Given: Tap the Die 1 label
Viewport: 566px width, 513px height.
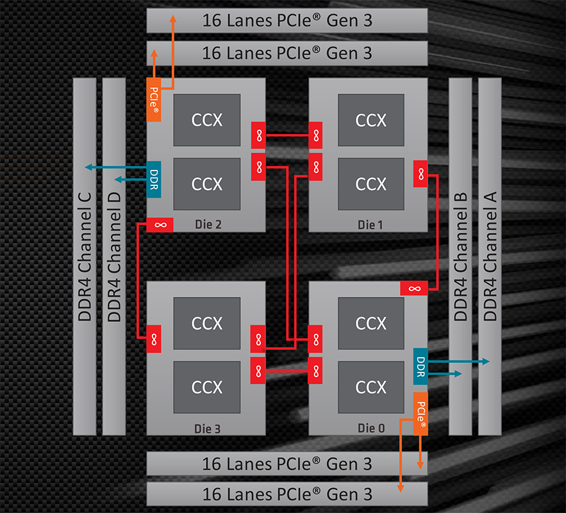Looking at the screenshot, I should click(370, 224).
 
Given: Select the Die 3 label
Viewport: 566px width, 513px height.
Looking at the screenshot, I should click(206, 428).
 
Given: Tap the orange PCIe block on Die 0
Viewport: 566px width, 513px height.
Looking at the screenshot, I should click(420, 416).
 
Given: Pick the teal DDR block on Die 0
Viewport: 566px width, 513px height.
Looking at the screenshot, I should click(420, 366).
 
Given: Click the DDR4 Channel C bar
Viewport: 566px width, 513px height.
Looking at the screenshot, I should click(85, 256).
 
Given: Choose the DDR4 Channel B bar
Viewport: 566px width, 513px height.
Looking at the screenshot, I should click(460, 256).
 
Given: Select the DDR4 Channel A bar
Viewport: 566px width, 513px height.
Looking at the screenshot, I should click(490, 256).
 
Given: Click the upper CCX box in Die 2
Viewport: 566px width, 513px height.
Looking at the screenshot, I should click(206, 120).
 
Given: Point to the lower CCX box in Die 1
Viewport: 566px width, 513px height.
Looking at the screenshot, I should click(370, 184).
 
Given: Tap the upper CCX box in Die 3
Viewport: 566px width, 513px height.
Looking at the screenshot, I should click(206, 323).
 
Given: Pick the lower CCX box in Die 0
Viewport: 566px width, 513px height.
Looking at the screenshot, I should click(370, 387).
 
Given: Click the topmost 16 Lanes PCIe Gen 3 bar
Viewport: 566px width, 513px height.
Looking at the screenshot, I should click(287, 21).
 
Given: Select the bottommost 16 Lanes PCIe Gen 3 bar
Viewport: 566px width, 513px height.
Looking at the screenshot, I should click(287, 494).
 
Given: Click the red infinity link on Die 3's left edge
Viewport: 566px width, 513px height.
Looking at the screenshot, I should click(154, 338).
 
